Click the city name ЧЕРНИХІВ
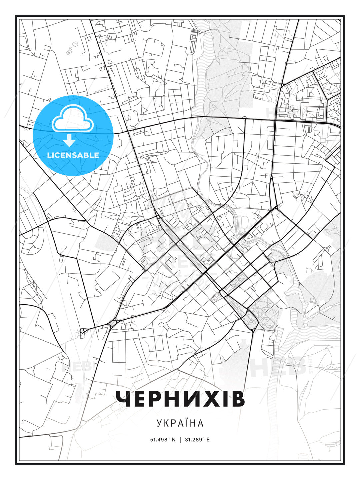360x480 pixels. [180, 399]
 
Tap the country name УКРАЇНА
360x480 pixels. [180, 423]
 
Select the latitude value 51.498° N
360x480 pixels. [163, 440]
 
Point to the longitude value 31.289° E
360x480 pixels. [197, 440]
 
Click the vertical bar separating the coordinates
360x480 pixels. [180, 440]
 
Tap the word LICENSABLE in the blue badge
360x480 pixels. [73, 155]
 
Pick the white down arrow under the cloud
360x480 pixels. [69, 141]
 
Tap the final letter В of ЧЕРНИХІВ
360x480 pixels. [238, 399]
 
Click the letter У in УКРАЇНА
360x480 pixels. [159, 423]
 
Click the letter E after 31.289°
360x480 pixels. [208, 440]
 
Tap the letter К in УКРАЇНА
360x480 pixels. [166, 423]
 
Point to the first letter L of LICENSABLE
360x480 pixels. [49, 155]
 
